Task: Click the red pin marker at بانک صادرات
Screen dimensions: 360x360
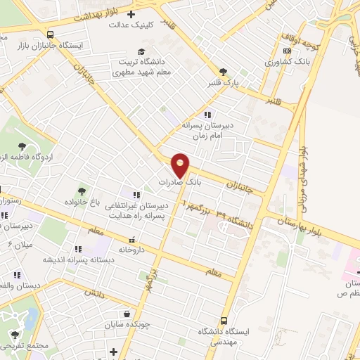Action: tap(181, 165)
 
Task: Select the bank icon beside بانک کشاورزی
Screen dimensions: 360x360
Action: tap(286, 51)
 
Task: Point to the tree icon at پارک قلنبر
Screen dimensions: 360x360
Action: tap(223, 72)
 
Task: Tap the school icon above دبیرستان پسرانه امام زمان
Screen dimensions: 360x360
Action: tap(207, 114)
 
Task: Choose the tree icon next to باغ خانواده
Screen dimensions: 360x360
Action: tap(82, 191)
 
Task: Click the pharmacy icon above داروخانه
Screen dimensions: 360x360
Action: tap(132, 239)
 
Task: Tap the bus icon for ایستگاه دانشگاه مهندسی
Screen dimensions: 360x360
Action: tap(224, 321)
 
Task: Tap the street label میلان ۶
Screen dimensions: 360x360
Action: tap(20, 244)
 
